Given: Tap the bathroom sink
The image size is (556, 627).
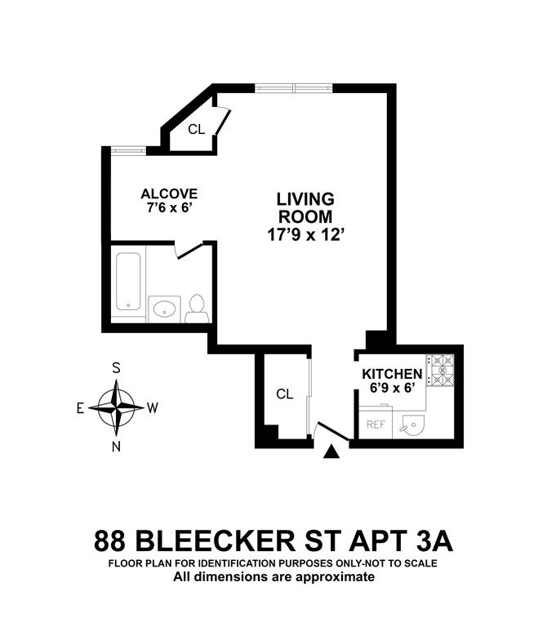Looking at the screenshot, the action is pyautogui.click(x=166, y=309).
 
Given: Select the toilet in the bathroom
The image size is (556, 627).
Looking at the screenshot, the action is pyautogui.click(x=196, y=308).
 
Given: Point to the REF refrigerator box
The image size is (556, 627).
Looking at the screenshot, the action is pyautogui.click(x=376, y=425).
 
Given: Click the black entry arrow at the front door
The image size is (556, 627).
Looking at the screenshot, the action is pyautogui.click(x=331, y=451).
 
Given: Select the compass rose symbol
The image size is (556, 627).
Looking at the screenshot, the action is pyautogui.click(x=117, y=407).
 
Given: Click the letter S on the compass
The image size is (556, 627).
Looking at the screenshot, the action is pyautogui.click(x=117, y=368).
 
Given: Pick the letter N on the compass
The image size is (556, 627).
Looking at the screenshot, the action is pyautogui.click(x=117, y=446).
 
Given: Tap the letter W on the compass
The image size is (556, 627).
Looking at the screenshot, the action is pyautogui.click(x=153, y=407).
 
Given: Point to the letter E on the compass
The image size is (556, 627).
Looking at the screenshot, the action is pyautogui.click(x=81, y=407).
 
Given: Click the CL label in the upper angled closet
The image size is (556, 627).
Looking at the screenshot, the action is pyautogui.click(x=196, y=129).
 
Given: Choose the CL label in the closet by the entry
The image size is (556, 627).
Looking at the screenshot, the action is pyautogui.click(x=284, y=394).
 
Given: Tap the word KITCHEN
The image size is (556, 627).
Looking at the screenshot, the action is pyautogui.click(x=393, y=374).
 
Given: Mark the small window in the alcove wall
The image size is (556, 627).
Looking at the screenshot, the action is pyautogui.click(x=128, y=149).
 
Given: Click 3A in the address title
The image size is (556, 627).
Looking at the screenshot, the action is pyautogui.click(x=434, y=541).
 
